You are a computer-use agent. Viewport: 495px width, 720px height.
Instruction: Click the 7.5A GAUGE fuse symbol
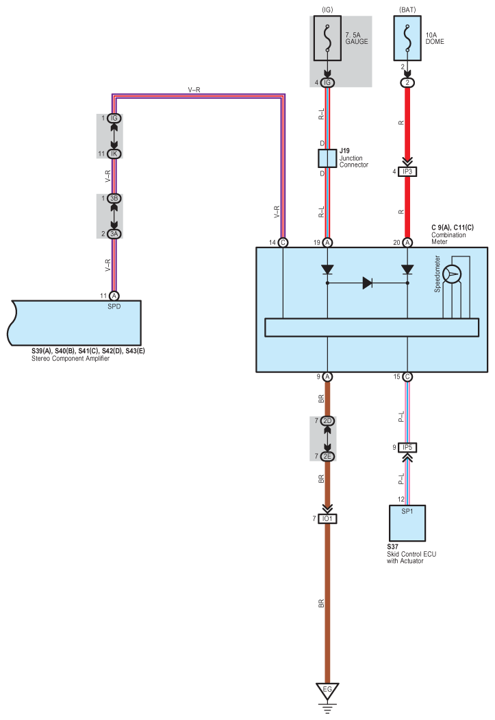(x=327, y=38)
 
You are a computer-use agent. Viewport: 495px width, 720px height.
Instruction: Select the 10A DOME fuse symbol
(x=407, y=38)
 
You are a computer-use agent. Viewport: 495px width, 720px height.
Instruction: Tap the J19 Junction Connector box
(x=327, y=158)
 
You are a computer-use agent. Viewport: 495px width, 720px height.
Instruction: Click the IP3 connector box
(x=407, y=171)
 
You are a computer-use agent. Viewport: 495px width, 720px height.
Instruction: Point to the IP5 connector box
(x=407, y=447)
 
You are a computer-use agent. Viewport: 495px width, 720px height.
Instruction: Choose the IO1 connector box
(x=327, y=518)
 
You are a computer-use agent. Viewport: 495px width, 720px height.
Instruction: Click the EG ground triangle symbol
(x=327, y=690)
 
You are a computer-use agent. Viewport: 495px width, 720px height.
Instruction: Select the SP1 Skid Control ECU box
(x=407, y=523)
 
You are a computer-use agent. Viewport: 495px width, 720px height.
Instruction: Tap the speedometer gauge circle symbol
(x=452, y=274)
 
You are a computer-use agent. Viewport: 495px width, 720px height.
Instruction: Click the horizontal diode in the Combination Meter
(x=367, y=283)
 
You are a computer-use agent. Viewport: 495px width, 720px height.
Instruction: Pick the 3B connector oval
(x=114, y=198)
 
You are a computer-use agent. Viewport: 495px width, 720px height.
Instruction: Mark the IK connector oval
(x=114, y=154)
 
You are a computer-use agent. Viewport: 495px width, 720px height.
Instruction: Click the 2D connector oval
(x=327, y=420)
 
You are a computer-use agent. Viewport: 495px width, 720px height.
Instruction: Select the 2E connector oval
(x=327, y=456)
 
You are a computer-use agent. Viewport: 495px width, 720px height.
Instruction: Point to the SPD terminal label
(x=114, y=307)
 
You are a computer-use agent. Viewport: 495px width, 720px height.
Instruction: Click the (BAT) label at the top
(x=407, y=10)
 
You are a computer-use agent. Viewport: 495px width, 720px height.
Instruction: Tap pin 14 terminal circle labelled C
(x=283, y=243)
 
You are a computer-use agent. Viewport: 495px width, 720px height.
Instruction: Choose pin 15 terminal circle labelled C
(x=407, y=376)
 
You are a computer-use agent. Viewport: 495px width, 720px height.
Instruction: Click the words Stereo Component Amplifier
(x=71, y=359)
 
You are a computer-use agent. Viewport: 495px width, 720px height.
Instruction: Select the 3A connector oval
(x=114, y=234)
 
